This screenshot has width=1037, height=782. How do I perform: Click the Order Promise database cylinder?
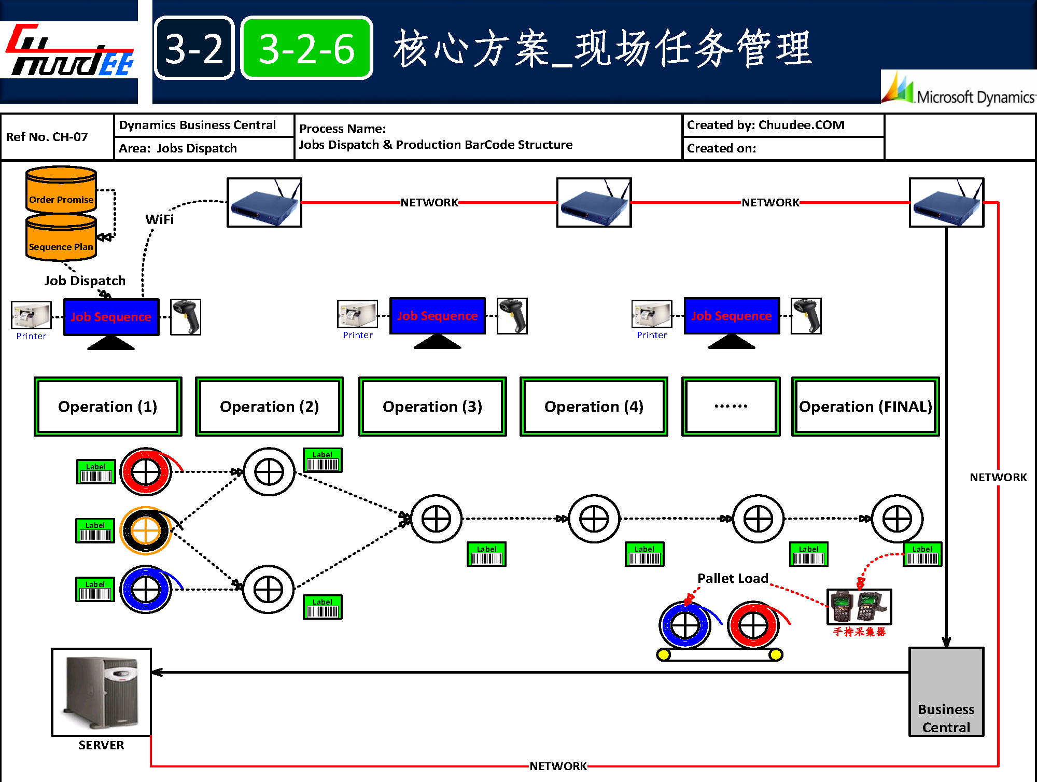[x=61, y=190]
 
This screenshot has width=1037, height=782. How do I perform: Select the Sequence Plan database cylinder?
[x=61, y=238]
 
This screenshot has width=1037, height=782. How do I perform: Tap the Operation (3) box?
[x=432, y=407]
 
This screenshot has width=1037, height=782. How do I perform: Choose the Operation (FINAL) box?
[x=865, y=407]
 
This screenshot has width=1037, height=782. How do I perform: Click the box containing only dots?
[x=731, y=407]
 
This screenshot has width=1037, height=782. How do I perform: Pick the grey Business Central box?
[x=946, y=691]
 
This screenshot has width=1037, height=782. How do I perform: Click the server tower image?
[x=102, y=692]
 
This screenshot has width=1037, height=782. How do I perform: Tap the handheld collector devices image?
[x=859, y=606]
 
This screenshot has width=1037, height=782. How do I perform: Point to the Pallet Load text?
[x=733, y=578]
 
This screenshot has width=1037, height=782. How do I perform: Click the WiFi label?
[x=160, y=219]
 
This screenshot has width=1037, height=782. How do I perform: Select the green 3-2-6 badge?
[x=307, y=48]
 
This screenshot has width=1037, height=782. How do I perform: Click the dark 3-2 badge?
[x=194, y=48]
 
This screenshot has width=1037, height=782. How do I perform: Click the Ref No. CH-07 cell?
[x=47, y=137]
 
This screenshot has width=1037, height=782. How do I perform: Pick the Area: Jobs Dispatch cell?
[x=178, y=148]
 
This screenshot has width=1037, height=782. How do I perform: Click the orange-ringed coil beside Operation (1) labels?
[x=146, y=530]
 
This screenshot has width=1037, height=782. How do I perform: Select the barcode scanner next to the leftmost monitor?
[x=186, y=317]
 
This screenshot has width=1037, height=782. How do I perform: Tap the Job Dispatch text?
[x=85, y=281]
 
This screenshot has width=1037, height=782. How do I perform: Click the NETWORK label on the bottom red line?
[x=558, y=766]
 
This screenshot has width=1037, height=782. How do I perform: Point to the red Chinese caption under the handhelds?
[x=859, y=632]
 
